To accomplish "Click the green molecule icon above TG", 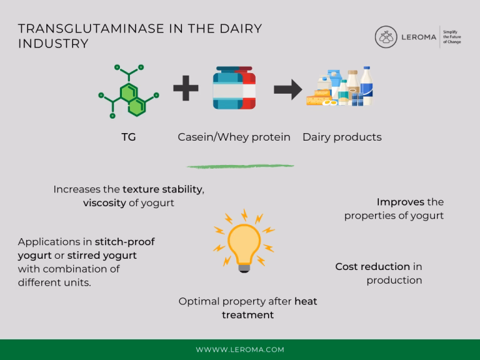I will (x=128, y=91).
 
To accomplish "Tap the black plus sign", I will (x=186, y=89).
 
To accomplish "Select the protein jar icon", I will (x=234, y=89).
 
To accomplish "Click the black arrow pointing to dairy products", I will (x=287, y=89).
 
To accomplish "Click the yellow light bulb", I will (x=244, y=244).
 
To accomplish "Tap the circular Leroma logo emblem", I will (x=386, y=37).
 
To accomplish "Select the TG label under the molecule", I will (x=128, y=137).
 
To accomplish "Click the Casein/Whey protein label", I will (x=234, y=137).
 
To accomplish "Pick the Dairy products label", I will (x=342, y=137).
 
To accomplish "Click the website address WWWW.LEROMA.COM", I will (x=240, y=349).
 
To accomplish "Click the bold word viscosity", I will (x=104, y=203).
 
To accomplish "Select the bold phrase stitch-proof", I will (x=124, y=242).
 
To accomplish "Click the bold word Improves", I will (x=401, y=202).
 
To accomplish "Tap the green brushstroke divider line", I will (x=240, y=166).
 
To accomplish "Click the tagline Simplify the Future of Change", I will (x=451, y=37).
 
